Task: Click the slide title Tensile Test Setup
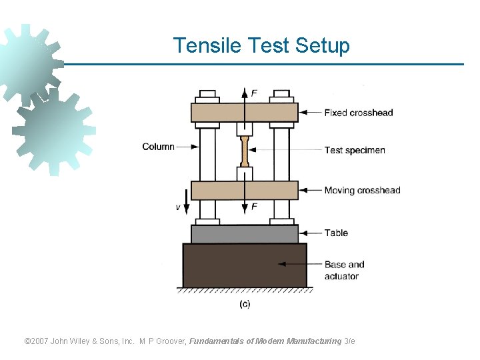point(261,46)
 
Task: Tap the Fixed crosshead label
point(358,113)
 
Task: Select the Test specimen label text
point(354,150)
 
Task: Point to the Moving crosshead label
point(362,191)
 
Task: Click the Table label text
point(336,233)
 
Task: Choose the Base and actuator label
point(344,270)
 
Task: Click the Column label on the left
point(158,147)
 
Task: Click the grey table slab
point(244,234)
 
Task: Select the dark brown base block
point(244,265)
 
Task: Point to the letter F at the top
point(254,93)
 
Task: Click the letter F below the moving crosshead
point(254,207)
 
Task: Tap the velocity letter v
point(178,207)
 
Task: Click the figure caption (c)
point(245,304)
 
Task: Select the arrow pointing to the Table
point(310,233)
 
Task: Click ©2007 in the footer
point(39,341)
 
